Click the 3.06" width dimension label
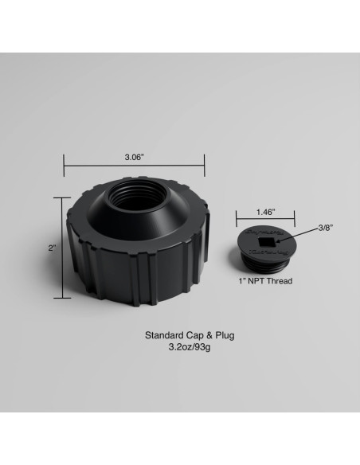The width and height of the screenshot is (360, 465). coord(134,158)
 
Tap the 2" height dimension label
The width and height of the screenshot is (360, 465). coord(53,248)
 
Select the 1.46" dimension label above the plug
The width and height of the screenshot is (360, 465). coord(265,213)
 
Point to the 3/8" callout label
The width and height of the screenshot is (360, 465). coord(325,227)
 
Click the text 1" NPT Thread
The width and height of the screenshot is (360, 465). coord(266,281)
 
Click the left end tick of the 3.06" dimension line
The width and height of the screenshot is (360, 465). coord(64,166)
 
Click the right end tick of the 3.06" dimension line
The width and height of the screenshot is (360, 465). coord(205,166)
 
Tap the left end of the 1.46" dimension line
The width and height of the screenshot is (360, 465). coord(237,221)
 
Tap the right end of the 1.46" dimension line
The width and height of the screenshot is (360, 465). coord(295,221)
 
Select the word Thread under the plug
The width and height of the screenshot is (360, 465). coord(280,281)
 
